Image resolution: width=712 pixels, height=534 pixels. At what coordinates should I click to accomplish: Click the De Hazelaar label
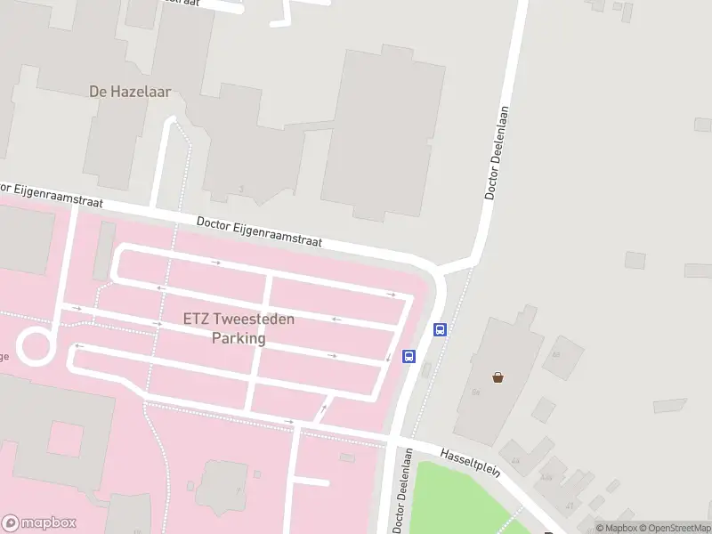click(x=130, y=91)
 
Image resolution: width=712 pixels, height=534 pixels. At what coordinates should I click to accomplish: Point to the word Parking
click(x=239, y=338)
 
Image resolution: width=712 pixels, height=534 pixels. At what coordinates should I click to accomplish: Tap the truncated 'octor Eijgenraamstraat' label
click(x=52, y=196)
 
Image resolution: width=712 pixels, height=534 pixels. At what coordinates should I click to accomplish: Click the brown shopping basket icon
click(x=498, y=376)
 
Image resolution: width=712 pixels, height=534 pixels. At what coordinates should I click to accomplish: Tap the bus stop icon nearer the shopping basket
click(x=440, y=329)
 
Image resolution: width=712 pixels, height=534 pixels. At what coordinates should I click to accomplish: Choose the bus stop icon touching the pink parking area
click(x=409, y=356)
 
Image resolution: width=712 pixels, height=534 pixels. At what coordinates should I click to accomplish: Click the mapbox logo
click(x=39, y=523)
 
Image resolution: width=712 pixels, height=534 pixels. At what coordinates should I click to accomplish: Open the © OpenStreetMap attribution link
click(x=674, y=527)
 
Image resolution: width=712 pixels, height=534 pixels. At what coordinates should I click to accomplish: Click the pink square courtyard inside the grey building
click(x=64, y=440)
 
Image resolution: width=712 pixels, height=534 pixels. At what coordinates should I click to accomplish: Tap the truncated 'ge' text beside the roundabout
click(x=4, y=357)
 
